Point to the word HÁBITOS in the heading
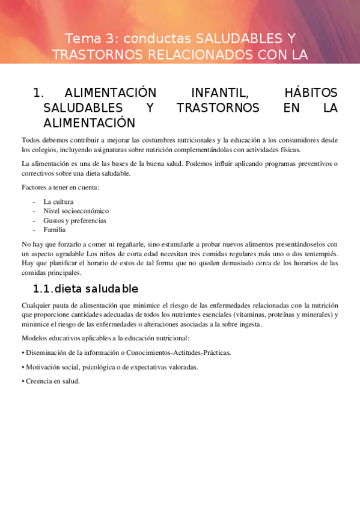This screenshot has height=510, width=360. [310, 93]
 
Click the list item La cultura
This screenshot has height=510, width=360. [58, 202]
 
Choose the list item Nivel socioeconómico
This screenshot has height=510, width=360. [76, 211]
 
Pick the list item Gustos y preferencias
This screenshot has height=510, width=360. [75, 220]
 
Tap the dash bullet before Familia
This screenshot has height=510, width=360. [35, 229]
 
